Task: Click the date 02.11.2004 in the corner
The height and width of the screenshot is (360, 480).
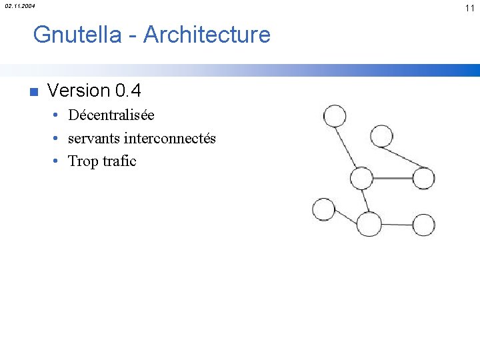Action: coord(20,6)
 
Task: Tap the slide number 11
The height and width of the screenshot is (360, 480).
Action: coord(469,7)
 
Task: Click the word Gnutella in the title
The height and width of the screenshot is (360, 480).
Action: coord(77,34)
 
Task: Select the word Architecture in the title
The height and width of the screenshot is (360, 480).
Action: coord(207,34)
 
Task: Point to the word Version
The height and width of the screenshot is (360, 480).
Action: coord(79,90)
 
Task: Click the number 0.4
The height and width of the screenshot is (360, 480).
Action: coord(128,90)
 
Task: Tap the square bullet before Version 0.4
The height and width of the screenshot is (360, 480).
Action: coord(34,91)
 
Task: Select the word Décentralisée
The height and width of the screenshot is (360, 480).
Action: coord(111,115)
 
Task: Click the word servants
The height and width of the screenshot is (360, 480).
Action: coord(94,139)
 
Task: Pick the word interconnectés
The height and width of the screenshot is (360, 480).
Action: coord(170,139)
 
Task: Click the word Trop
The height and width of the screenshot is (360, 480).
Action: coord(83,161)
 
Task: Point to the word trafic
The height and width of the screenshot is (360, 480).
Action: coord(119,161)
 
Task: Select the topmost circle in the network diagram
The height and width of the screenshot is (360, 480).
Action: coord(335,117)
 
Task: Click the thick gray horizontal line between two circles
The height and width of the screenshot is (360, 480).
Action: coord(393,178)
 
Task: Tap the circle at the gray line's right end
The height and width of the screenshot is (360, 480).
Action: coord(423,178)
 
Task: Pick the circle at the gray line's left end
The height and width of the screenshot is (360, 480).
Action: coord(361,178)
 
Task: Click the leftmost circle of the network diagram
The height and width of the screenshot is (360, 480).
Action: coord(324,210)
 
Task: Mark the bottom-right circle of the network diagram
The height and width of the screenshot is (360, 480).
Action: coord(423,225)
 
